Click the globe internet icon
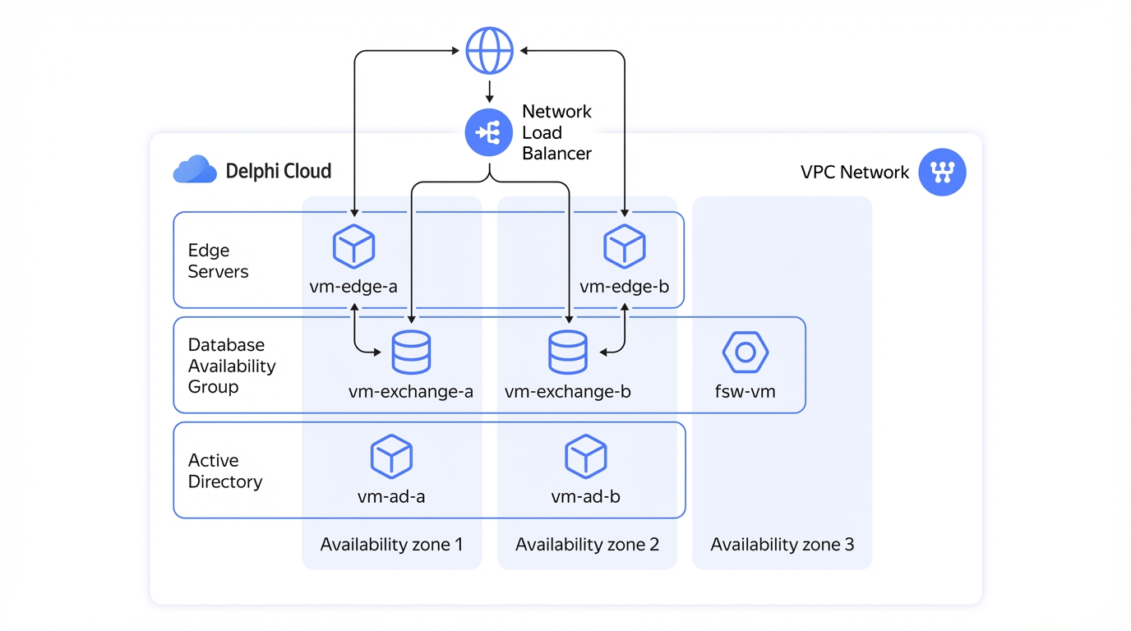[489, 50]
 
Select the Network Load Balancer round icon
[489, 132]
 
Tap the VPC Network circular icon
[942, 173]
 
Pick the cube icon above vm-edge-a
[353, 246]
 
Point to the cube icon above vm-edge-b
[625, 246]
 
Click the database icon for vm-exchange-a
[412, 352]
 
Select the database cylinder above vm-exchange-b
[568, 352]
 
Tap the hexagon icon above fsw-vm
[746, 352]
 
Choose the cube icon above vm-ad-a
[391, 456]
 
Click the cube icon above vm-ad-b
[586, 456]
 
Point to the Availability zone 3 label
[782, 544]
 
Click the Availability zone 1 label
[391, 544]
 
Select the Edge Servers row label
[218, 261]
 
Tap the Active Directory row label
[225, 471]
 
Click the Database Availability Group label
[232, 366]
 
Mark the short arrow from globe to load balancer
[489, 91]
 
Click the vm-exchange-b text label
[567, 391]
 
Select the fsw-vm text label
[746, 391]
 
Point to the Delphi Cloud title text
[278, 171]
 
